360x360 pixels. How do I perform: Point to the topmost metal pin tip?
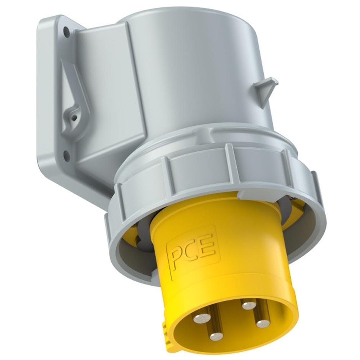249,305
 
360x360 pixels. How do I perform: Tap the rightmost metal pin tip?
263,324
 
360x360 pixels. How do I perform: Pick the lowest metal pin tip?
216,336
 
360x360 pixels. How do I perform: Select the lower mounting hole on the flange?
66,156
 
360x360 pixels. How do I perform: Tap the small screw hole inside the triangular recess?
74,118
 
